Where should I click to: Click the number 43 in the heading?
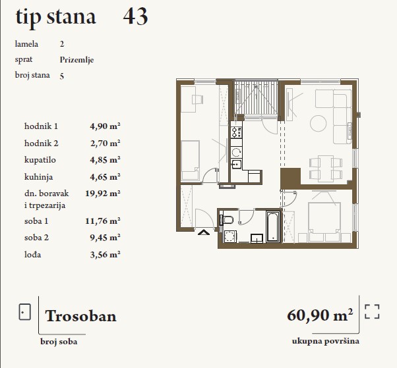[x=135, y=16]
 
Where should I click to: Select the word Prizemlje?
[x=76, y=60]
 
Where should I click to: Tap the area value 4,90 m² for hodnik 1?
[x=105, y=126]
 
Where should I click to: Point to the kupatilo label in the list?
[x=40, y=160]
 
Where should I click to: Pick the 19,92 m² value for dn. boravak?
[x=102, y=194]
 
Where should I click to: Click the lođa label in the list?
[x=33, y=255]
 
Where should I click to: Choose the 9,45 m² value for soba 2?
[x=105, y=238]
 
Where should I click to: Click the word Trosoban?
[x=80, y=316]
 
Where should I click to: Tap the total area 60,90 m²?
[x=320, y=315]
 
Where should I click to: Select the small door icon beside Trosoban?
[x=25, y=312]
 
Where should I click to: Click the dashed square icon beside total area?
[x=372, y=311]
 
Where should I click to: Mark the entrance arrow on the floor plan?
[x=204, y=232]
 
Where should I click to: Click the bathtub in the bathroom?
[x=273, y=226]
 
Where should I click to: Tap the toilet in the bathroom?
[x=227, y=220]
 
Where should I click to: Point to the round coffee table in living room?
[x=318, y=123]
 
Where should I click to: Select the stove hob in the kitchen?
[x=237, y=132]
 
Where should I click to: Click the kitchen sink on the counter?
[x=236, y=165]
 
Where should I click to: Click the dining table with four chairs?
[x=326, y=169]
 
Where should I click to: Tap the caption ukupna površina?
[x=326, y=341]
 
